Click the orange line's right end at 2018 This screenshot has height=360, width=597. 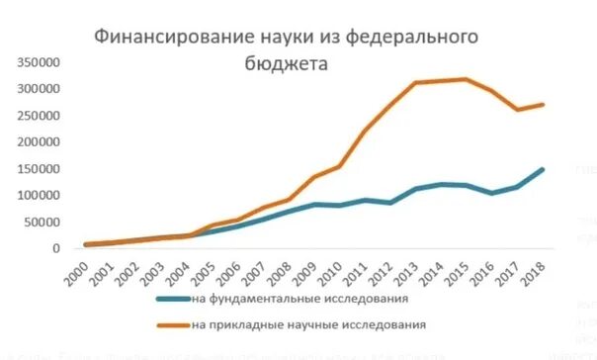(544, 104)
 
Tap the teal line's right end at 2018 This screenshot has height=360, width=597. (544, 169)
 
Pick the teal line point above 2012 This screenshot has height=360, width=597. (389, 203)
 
